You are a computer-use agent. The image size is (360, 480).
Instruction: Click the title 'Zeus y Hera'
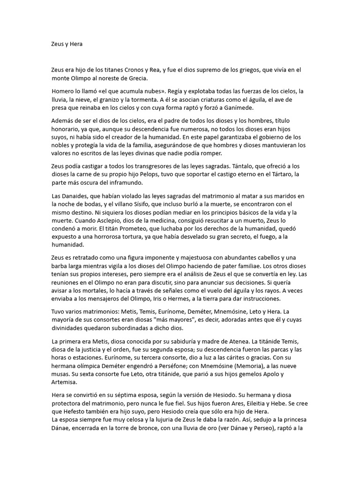click(67, 44)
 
